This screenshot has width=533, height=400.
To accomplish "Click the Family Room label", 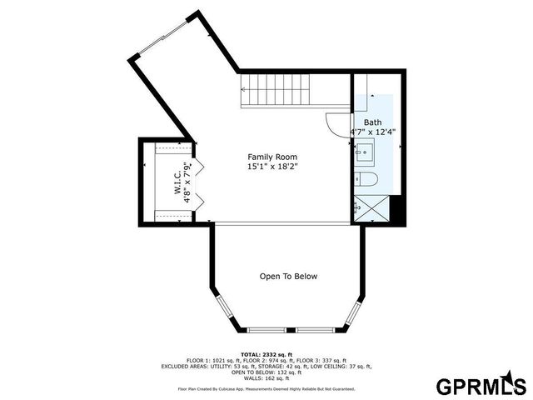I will coord(272,157).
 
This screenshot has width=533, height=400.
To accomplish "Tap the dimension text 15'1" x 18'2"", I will coord(272,167).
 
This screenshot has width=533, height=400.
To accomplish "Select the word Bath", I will coord(372,122).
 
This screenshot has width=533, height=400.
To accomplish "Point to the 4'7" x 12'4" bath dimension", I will coord(372,132).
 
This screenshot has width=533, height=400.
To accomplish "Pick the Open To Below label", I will coord(288,277).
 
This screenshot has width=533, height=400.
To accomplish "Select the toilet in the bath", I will coord(366,180).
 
